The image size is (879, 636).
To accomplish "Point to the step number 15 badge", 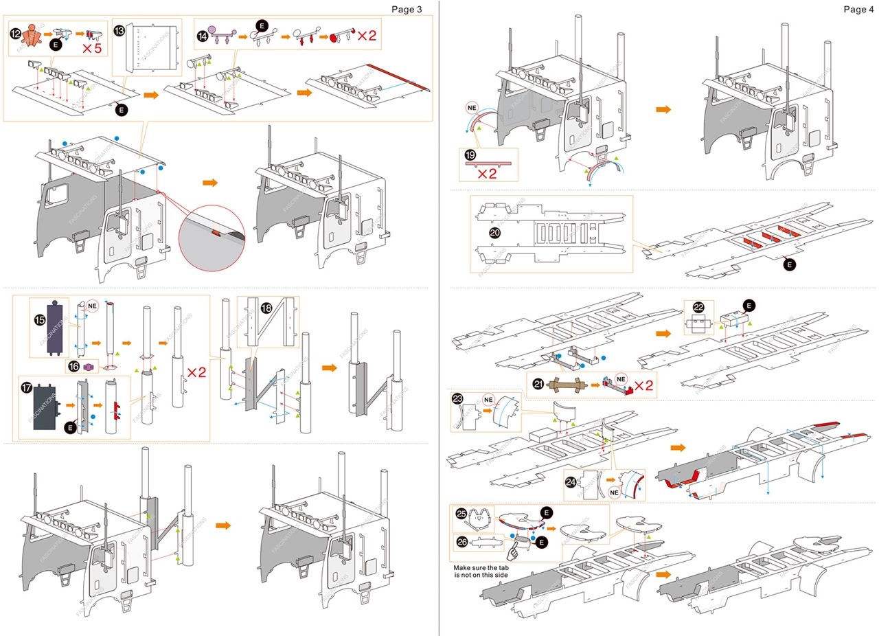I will (x=40, y=319).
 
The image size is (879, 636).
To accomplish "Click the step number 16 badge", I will (x=72, y=366).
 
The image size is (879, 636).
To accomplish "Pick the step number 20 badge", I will (x=494, y=234).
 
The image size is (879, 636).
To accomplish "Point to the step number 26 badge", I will (x=462, y=542).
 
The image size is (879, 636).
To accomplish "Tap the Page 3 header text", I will (x=407, y=9).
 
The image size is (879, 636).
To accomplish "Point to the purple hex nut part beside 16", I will (x=88, y=367).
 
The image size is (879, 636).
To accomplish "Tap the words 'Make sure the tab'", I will (x=488, y=569).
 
